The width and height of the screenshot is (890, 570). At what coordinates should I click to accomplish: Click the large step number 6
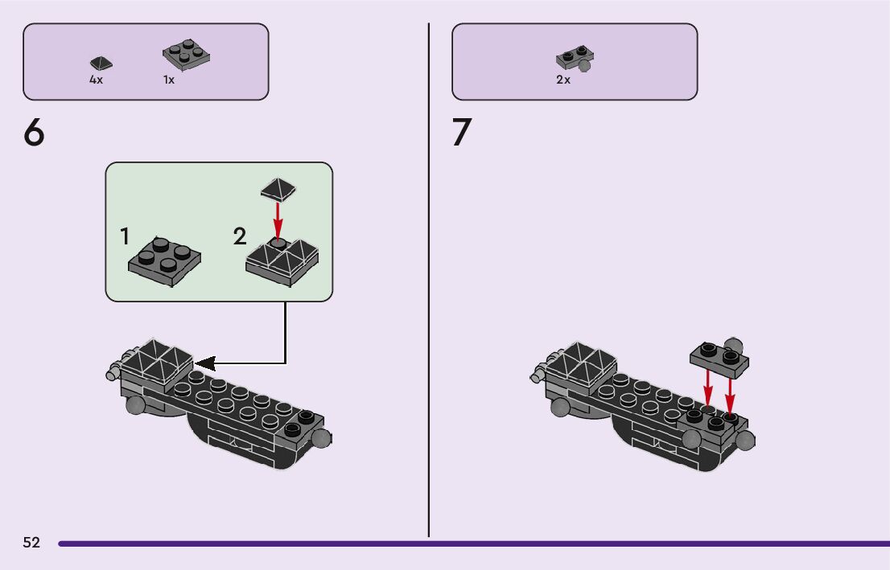coord(35,133)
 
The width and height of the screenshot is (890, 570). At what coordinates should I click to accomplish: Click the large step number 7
coord(461,133)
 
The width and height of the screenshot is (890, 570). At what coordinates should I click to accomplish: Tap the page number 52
coord(31,543)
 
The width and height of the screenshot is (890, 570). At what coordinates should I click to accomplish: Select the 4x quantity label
coord(96,80)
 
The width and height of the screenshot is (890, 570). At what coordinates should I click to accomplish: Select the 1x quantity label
coord(169,80)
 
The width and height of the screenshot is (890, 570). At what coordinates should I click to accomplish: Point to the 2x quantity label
coord(563,80)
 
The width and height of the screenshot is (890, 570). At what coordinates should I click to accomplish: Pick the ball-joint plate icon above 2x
coord(575,59)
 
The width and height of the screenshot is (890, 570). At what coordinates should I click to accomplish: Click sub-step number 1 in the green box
coord(125,237)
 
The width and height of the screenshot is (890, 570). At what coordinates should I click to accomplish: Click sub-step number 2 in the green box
coord(240,237)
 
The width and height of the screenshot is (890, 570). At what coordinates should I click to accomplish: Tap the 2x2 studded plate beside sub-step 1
coord(164,260)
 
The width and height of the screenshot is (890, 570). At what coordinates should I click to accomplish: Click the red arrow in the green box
coord(278,219)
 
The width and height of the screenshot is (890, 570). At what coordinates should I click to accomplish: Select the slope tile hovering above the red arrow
coord(278,191)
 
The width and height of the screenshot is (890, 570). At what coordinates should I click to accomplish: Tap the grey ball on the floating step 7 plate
coord(733,343)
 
